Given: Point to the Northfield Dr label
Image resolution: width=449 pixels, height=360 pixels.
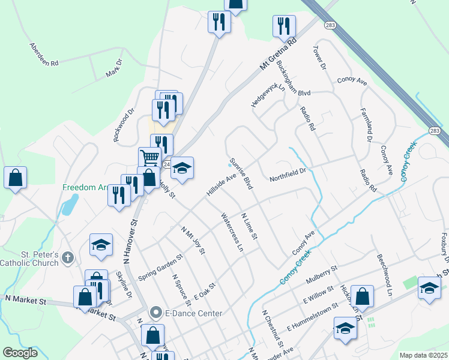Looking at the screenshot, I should [x=288, y=175].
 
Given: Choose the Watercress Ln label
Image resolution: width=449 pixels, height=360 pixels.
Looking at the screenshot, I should [x=232, y=232].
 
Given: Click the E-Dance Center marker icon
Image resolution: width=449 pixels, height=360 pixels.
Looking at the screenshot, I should [x=156, y=313].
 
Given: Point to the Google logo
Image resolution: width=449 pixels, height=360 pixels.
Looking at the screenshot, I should [x=20, y=352].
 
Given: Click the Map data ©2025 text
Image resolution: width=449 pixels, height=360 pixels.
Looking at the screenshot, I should [x=423, y=355].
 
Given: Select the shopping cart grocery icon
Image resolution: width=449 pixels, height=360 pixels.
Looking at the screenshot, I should [x=149, y=158].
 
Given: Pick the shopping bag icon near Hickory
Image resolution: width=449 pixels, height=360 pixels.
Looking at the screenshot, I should [x=363, y=296].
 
